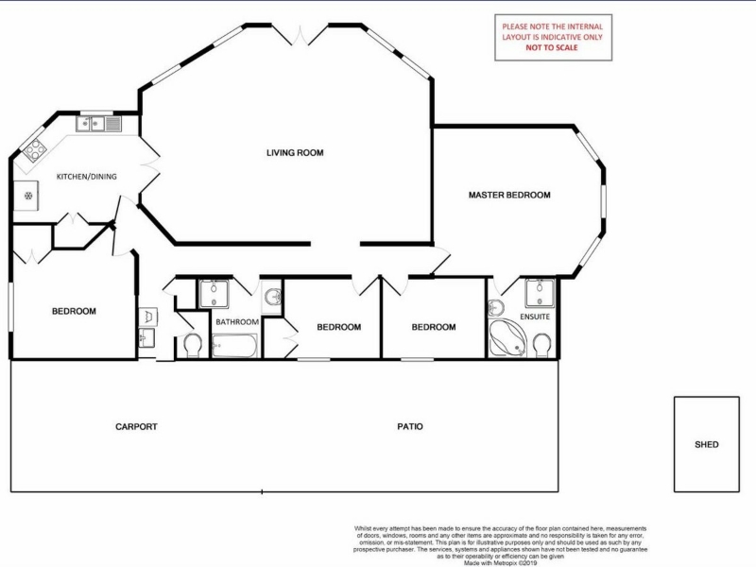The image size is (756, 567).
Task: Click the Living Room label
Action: [x=295, y=153]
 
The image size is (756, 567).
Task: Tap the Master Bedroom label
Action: [x=509, y=196]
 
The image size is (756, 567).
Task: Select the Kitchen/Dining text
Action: [x=87, y=177]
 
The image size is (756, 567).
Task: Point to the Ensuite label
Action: [x=535, y=317]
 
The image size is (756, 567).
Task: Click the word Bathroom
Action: [x=237, y=322]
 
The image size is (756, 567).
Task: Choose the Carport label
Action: [x=136, y=427]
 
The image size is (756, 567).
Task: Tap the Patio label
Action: [x=410, y=427]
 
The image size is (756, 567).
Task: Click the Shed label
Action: [x=706, y=444]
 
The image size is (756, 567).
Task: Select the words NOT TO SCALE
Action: [x=552, y=47]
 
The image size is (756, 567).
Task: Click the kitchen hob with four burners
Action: [x=35, y=150]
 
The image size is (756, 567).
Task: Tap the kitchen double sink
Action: [x=98, y=124]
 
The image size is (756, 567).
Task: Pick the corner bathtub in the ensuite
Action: [x=507, y=338]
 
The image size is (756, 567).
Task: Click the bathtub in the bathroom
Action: [x=234, y=346]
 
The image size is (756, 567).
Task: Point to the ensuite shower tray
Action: [x=540, y=293]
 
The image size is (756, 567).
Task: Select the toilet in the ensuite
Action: [x=543, y=345]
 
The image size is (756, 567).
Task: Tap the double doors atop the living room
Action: [x=301, y=37]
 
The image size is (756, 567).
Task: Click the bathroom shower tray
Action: [x=215, y=294]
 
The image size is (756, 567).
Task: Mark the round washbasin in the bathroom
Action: [x=273, y=297]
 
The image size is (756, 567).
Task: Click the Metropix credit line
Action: [x=500, y=562]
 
